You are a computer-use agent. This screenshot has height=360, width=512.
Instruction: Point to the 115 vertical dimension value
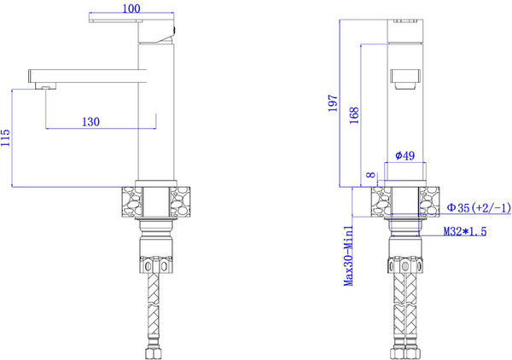click(x=7, y=137)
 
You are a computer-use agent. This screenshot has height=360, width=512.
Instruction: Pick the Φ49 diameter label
click(x=405, y=155)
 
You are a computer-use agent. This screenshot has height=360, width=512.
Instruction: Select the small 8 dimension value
click(x=369, y=176)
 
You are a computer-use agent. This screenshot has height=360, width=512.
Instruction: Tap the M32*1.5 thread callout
click(x=463, y=232)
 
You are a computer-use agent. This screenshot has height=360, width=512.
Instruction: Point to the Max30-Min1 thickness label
click(x=350, y=256)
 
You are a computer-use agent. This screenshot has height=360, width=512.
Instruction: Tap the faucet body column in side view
click(x=155, y=111)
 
